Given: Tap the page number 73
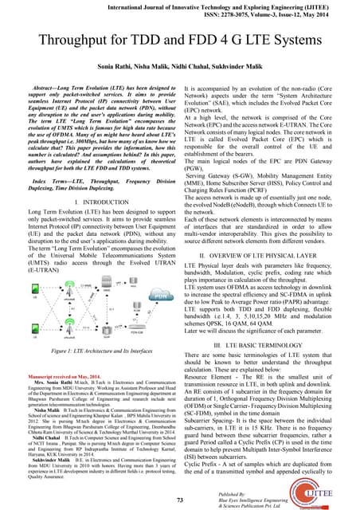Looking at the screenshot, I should pyautogui.click(x=180, y=498).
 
